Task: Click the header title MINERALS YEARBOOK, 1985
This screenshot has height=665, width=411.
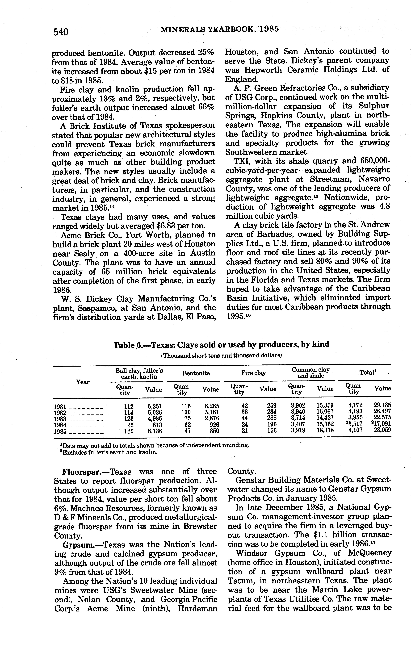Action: pos(220,29)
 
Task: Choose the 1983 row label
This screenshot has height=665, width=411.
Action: pos(60,419)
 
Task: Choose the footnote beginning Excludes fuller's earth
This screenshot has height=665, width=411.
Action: pos(109,452)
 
